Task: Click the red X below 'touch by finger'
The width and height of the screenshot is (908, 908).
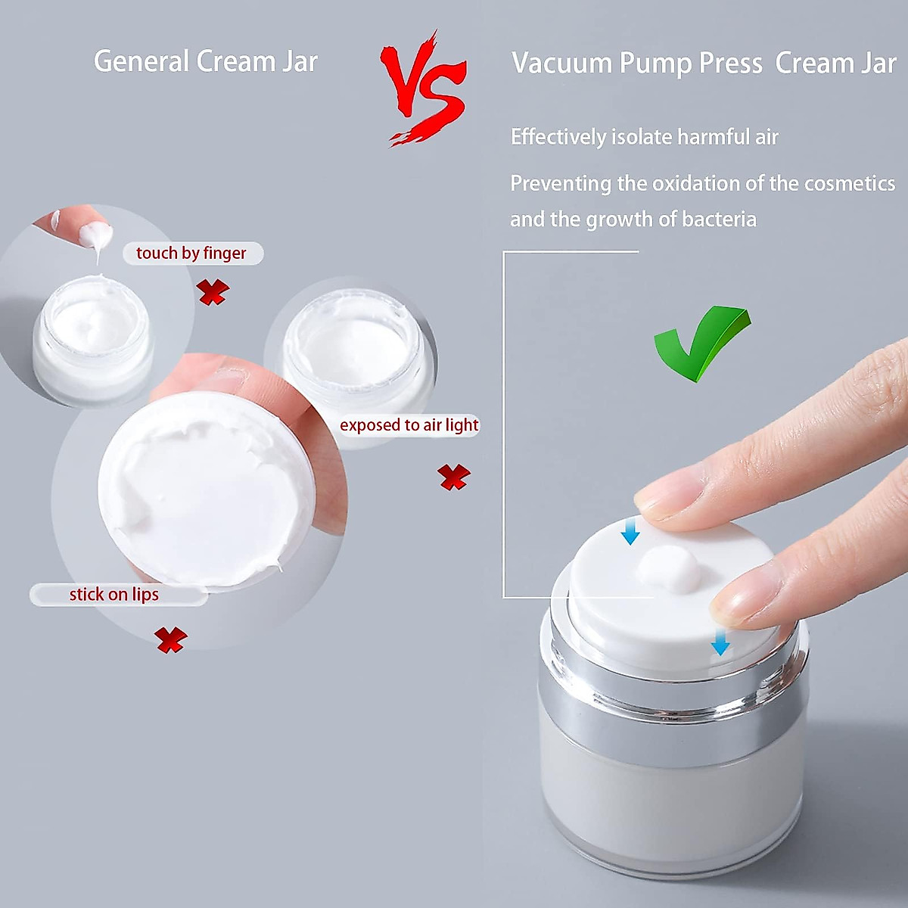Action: pyautogui.click(x=213, y=291)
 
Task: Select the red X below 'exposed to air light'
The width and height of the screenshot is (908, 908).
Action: pyautogui.click(x=454, y=477)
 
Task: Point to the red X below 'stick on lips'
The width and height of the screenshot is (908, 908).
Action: pyautogui.click(x=171, y=639)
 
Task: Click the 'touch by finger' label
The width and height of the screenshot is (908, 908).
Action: pyautogui.click(x=192, y=253)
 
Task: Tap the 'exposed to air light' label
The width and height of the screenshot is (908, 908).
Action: pyautogui.click(x=409, y=425)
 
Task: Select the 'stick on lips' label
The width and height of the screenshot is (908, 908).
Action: pyautogui.click(x=115, y=595)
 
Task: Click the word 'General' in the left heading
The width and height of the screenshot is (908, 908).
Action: pyautogui.click(x=141, y=61)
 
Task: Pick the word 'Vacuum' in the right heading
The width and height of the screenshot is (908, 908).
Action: pyautogui.click(x=562, y=64)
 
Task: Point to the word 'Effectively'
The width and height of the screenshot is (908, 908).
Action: pyautogui.click(x=558, y=137)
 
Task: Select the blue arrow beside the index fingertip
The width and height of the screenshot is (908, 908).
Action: pyautogui.click(x=630, y=533)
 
